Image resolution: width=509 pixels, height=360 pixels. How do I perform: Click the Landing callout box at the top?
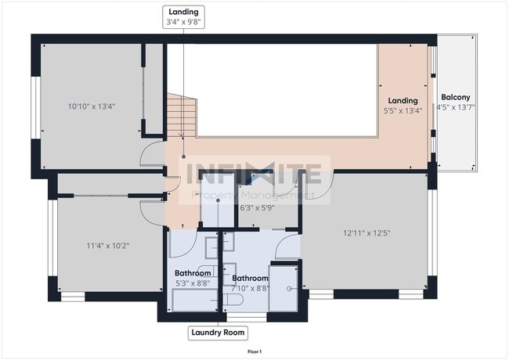[x=182, y=17]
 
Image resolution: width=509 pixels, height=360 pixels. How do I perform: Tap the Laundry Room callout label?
[x=218, y=333]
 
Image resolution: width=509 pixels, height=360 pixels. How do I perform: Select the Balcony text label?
[x=455, y=96]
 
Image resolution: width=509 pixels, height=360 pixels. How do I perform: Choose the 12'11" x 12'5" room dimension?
[x=365, y=232]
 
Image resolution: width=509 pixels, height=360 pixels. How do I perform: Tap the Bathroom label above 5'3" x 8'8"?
[x=193, y=273]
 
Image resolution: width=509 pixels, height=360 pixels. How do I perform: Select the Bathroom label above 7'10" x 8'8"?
[x=250, y=278]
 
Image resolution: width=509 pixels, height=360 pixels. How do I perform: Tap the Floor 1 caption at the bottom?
[x=254, y=352]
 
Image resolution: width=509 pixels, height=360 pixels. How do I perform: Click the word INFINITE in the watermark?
[x=251, y=172]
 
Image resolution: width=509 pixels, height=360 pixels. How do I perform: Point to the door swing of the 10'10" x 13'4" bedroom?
[x=151, y=156]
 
